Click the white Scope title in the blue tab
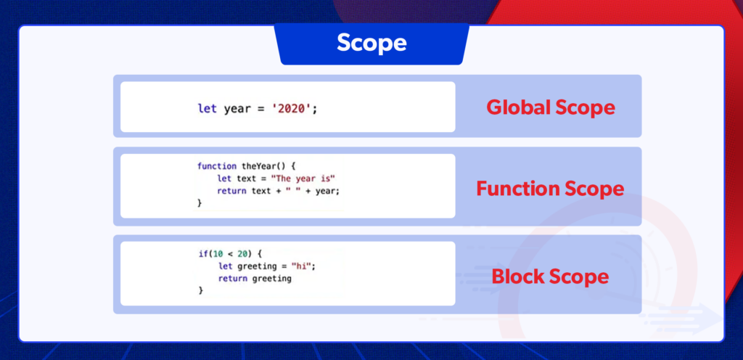pos(371,43)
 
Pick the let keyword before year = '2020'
pos(208,108)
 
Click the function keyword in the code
pos(217,166)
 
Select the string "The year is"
pos(303,179)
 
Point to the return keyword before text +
pos(231,191)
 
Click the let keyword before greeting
pos(225,266)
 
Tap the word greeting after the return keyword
pos(271,279)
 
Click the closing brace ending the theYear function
pos(200,203)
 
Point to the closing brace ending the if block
pos(201,290)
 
